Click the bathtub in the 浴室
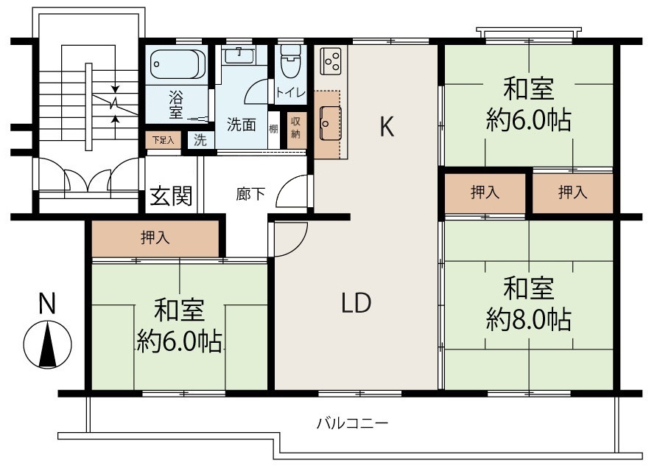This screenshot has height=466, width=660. click(177, 65)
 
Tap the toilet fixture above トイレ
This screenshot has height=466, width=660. click(289, 62)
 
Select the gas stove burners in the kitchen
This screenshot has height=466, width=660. click(331, 60)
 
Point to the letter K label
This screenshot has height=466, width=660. click(387, 127)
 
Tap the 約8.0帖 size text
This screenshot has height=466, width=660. click(528, 320)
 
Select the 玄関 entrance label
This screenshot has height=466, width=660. click(172, 195)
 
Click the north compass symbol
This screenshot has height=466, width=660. click(48, 344)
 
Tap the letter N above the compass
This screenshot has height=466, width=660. click(47, 303)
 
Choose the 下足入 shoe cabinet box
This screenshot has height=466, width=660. click(162, 139)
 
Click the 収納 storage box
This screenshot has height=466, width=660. click(295, 128)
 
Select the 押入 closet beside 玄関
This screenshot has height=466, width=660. click(155, 238)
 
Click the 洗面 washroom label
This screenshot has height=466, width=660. click(241, 125)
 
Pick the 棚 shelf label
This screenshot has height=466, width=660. click(273, 130)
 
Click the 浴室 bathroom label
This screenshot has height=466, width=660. click(176, 104)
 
